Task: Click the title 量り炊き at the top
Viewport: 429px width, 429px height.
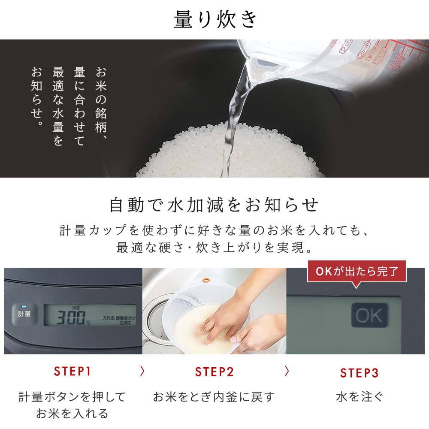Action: pos(215,20)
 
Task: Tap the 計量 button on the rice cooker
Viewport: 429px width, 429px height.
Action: pos(24,313)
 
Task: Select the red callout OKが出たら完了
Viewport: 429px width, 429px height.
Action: pos(357,272)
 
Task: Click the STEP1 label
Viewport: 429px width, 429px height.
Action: pos(73,372)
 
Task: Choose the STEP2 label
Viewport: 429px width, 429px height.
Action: pos(214,372)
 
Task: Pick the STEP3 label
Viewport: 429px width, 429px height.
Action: pos(360,373)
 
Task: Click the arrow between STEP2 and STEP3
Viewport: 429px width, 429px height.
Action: pos(287,370)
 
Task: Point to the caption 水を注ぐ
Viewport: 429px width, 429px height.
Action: pos(360,397)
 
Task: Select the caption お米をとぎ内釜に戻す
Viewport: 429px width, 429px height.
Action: pos(214,397)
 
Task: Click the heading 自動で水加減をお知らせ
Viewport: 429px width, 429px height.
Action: pos(214,205)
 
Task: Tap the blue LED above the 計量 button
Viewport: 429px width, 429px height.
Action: pos(24,307)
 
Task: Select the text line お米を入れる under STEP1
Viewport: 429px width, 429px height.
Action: pos(72,414)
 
